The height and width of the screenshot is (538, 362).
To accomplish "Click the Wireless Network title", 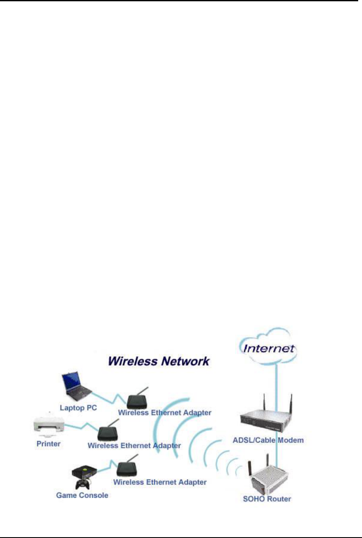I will pyautogui.click(x=158, y=361).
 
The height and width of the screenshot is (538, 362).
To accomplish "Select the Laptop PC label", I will pyautogui.click(x=78, y=408).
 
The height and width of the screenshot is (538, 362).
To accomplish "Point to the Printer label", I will pyautogui.click(x=48, y=444).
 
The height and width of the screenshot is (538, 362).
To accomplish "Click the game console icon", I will pyautogui.click(x=84, y=471).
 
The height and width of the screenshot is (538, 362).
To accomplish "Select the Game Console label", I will pyautogui.click(x=82, y=495).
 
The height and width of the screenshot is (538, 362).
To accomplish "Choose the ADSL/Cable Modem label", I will pyautogui.click(x=268, y=440).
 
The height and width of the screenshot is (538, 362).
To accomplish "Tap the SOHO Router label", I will pyautogui.click(x=267, y=499).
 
